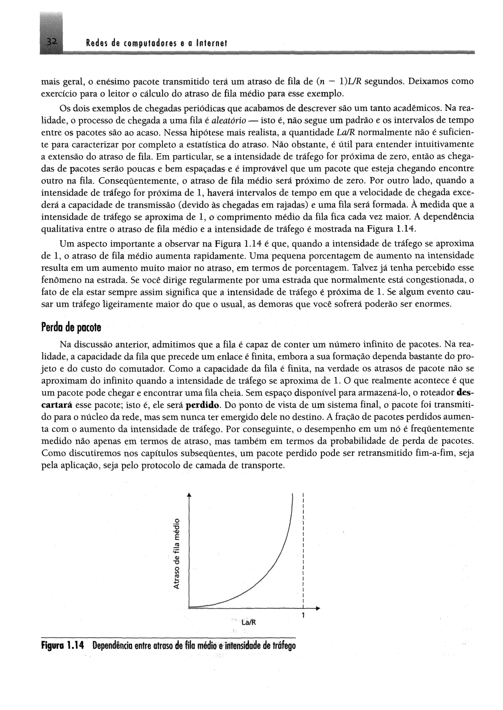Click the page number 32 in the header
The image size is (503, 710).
click(51, 43)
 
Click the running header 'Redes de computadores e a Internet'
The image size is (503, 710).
click(157, 44)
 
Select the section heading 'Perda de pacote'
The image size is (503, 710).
click(71, 328)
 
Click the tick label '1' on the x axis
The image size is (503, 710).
click(304, 615)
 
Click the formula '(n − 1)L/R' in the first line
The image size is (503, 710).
click(339, 82)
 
